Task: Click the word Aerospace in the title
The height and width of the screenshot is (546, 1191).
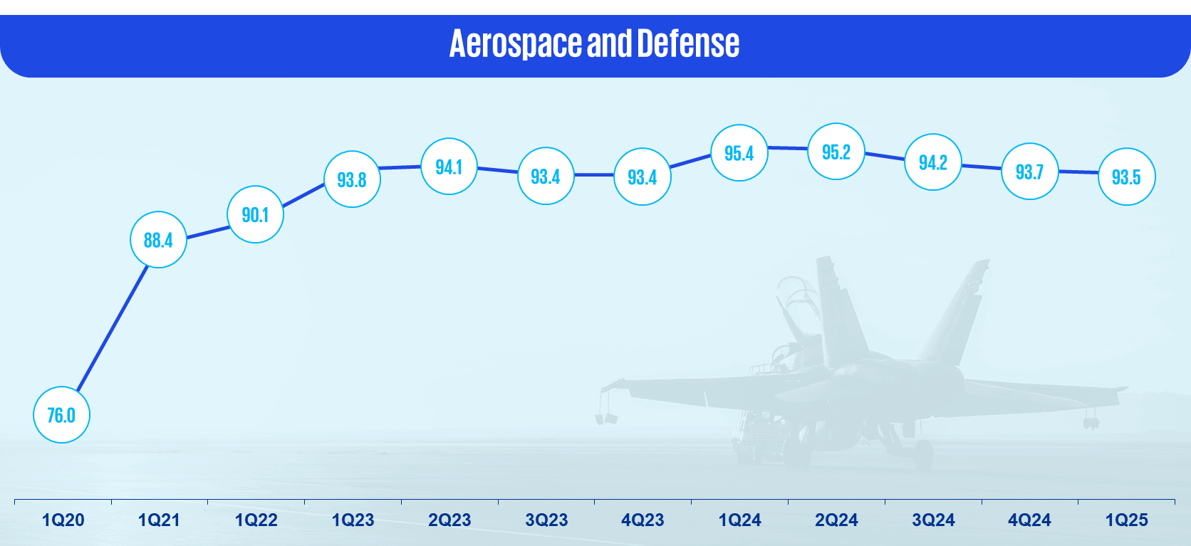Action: point(516,43)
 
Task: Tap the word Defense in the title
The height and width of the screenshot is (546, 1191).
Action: point(688,43)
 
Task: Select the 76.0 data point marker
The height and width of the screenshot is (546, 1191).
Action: point(62,415)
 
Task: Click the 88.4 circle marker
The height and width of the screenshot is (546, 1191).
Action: point(158,239)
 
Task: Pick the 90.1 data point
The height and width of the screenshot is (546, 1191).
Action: point(255,214)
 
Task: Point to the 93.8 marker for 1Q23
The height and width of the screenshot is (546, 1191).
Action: point(352,179)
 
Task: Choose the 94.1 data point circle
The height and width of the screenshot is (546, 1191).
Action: point(449,167)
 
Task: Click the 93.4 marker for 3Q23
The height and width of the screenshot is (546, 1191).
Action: point(546,176)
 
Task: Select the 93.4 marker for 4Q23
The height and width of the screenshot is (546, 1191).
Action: point(643,177)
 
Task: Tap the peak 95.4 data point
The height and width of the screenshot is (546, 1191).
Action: point(739,153)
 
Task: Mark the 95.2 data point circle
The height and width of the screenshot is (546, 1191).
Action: point(836,152)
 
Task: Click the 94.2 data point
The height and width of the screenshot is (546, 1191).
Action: point(932,162)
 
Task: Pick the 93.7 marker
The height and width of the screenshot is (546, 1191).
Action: point(1029,172)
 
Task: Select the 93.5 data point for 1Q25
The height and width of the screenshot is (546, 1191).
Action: point(1126,177)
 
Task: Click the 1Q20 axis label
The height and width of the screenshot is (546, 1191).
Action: point(63,520)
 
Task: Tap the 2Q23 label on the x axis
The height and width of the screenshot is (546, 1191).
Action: point(449,520)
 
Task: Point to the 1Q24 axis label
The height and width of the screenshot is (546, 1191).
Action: point(739,520)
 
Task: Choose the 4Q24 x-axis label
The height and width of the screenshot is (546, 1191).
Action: point(1029,520)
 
